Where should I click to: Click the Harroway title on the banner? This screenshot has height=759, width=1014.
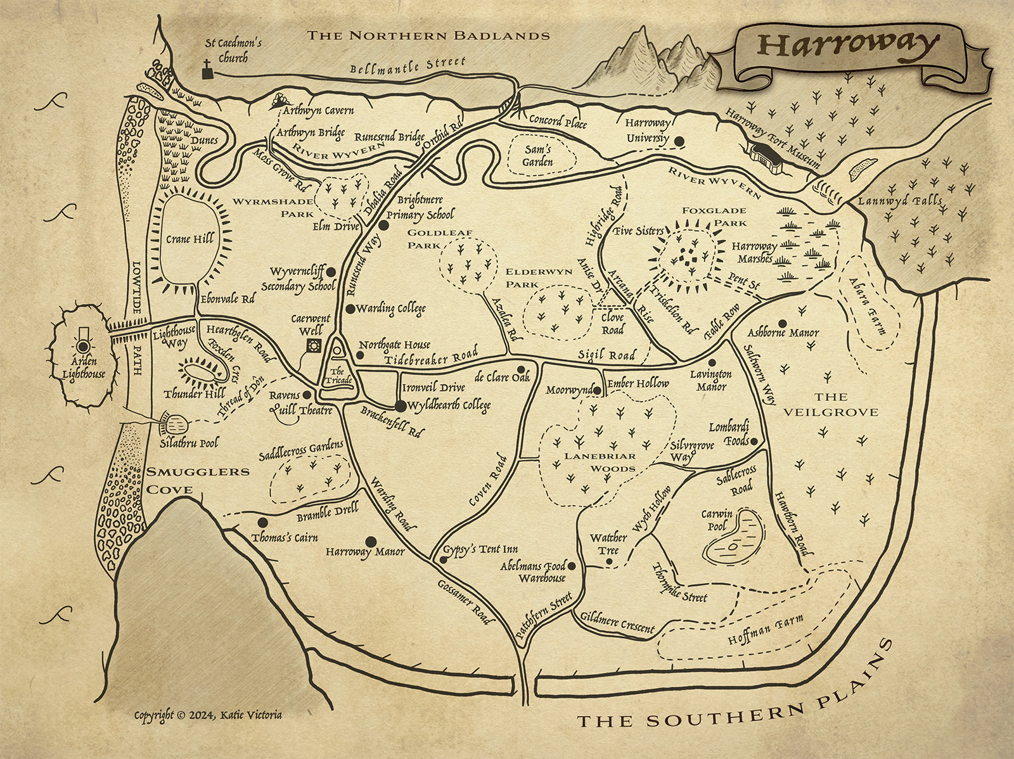[x=848, y=45]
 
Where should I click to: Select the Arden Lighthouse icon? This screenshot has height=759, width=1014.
[x=83, y=345]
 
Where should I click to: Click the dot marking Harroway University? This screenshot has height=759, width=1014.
[x=679, y=141]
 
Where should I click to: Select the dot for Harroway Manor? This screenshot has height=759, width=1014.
[x=371, y=541]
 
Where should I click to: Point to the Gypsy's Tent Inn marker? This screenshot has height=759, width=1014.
[x=444, y=559]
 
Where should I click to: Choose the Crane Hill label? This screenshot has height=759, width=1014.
[x=189, y=239]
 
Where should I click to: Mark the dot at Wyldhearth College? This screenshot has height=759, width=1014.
[x=400, y=405]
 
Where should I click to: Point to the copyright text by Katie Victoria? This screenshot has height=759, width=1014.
[x=208, y=715]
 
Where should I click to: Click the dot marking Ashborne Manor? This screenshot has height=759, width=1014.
[x=783, y=323]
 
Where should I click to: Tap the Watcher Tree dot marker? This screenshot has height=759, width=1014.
[x=609, y=561]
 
